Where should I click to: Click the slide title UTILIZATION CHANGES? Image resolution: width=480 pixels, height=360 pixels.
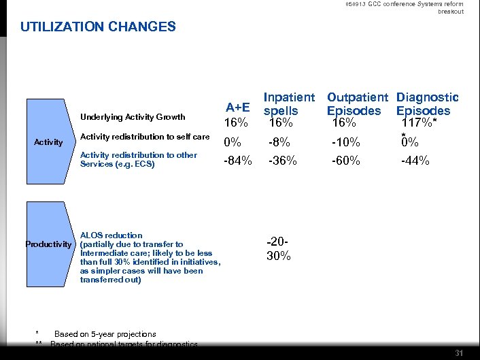point(98,27)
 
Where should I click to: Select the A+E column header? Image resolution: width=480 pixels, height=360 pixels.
point(238,108)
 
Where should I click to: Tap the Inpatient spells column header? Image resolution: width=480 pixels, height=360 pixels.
point(289,104)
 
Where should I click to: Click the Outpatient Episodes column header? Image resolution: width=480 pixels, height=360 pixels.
point(357,104)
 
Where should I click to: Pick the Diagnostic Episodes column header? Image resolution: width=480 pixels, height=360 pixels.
point(427,104)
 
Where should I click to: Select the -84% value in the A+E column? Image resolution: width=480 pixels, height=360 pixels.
point(239,161)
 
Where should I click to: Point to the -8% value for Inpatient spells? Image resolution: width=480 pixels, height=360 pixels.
point(279,143)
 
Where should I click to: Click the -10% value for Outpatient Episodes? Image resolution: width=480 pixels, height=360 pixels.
point(345,143)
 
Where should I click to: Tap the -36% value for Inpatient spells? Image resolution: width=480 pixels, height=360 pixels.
point(282,161)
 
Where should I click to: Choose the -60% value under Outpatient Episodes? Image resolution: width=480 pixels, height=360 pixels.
point(346,161)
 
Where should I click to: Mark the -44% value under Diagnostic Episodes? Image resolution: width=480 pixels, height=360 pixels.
point(415,161)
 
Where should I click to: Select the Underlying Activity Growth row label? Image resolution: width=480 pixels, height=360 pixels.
point(133,117)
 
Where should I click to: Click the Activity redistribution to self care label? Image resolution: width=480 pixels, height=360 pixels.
point(145,137)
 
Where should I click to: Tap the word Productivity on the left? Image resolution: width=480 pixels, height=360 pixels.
point(48,244)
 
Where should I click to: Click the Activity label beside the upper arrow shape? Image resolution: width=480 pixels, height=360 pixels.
point(48,142)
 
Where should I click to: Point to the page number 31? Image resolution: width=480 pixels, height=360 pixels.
point(458,353)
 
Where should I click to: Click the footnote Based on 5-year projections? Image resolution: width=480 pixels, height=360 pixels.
point(105,334)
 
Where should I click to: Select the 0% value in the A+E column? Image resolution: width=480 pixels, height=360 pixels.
point(233,143)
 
